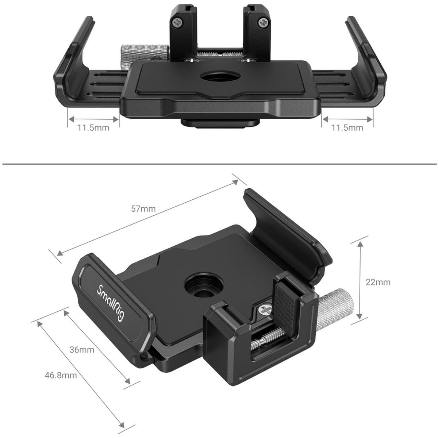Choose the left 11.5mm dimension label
(93, 128)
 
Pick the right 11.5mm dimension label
(347, 128)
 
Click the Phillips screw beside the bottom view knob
(265, 310)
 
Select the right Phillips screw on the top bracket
(263, 23)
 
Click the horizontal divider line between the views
(219, 164)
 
